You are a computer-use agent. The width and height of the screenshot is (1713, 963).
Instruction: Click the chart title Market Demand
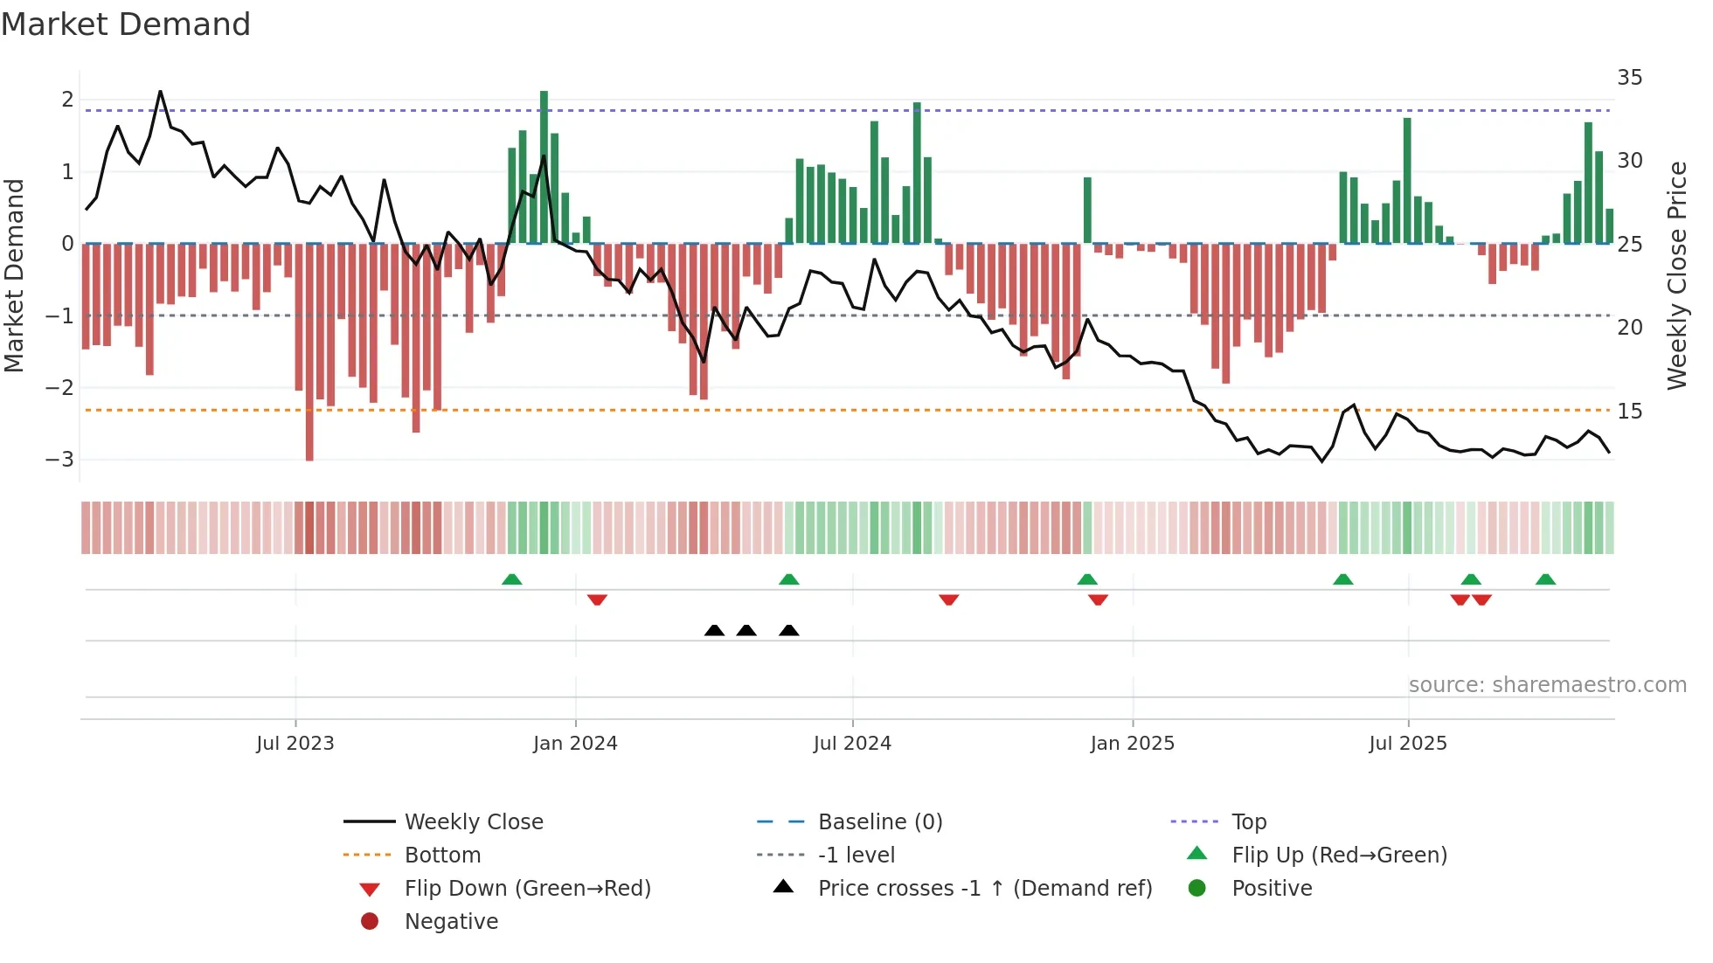[x=126, y=24]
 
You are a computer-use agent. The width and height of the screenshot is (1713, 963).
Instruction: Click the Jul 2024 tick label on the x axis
[x=852, y=744]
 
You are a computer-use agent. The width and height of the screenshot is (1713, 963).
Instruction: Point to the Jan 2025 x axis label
[x=1132, y=744]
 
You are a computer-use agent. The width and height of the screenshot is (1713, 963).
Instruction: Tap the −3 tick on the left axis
[x=59, y=460]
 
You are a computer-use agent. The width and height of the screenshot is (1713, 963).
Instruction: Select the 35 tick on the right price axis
[x=1629, y=78]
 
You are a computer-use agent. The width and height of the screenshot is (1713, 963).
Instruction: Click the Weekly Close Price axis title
[x=1676, y=275]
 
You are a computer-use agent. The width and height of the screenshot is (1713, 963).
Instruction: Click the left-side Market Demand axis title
[x=15, y=275]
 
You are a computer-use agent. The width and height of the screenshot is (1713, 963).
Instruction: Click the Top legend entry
[x=1248, y=822]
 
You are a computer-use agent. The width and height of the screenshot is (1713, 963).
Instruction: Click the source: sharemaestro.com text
[x=1547, y=685]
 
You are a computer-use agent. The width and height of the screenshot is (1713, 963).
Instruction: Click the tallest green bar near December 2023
[x=544, y=166]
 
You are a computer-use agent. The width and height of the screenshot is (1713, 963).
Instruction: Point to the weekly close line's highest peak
[x=160, y=92]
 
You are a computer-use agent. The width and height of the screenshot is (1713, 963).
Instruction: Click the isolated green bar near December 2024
[x=1087, y=210]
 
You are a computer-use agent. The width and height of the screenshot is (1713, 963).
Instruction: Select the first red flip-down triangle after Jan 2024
[x=597, y=600]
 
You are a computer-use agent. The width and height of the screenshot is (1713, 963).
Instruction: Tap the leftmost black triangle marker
[x=714, y=630]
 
